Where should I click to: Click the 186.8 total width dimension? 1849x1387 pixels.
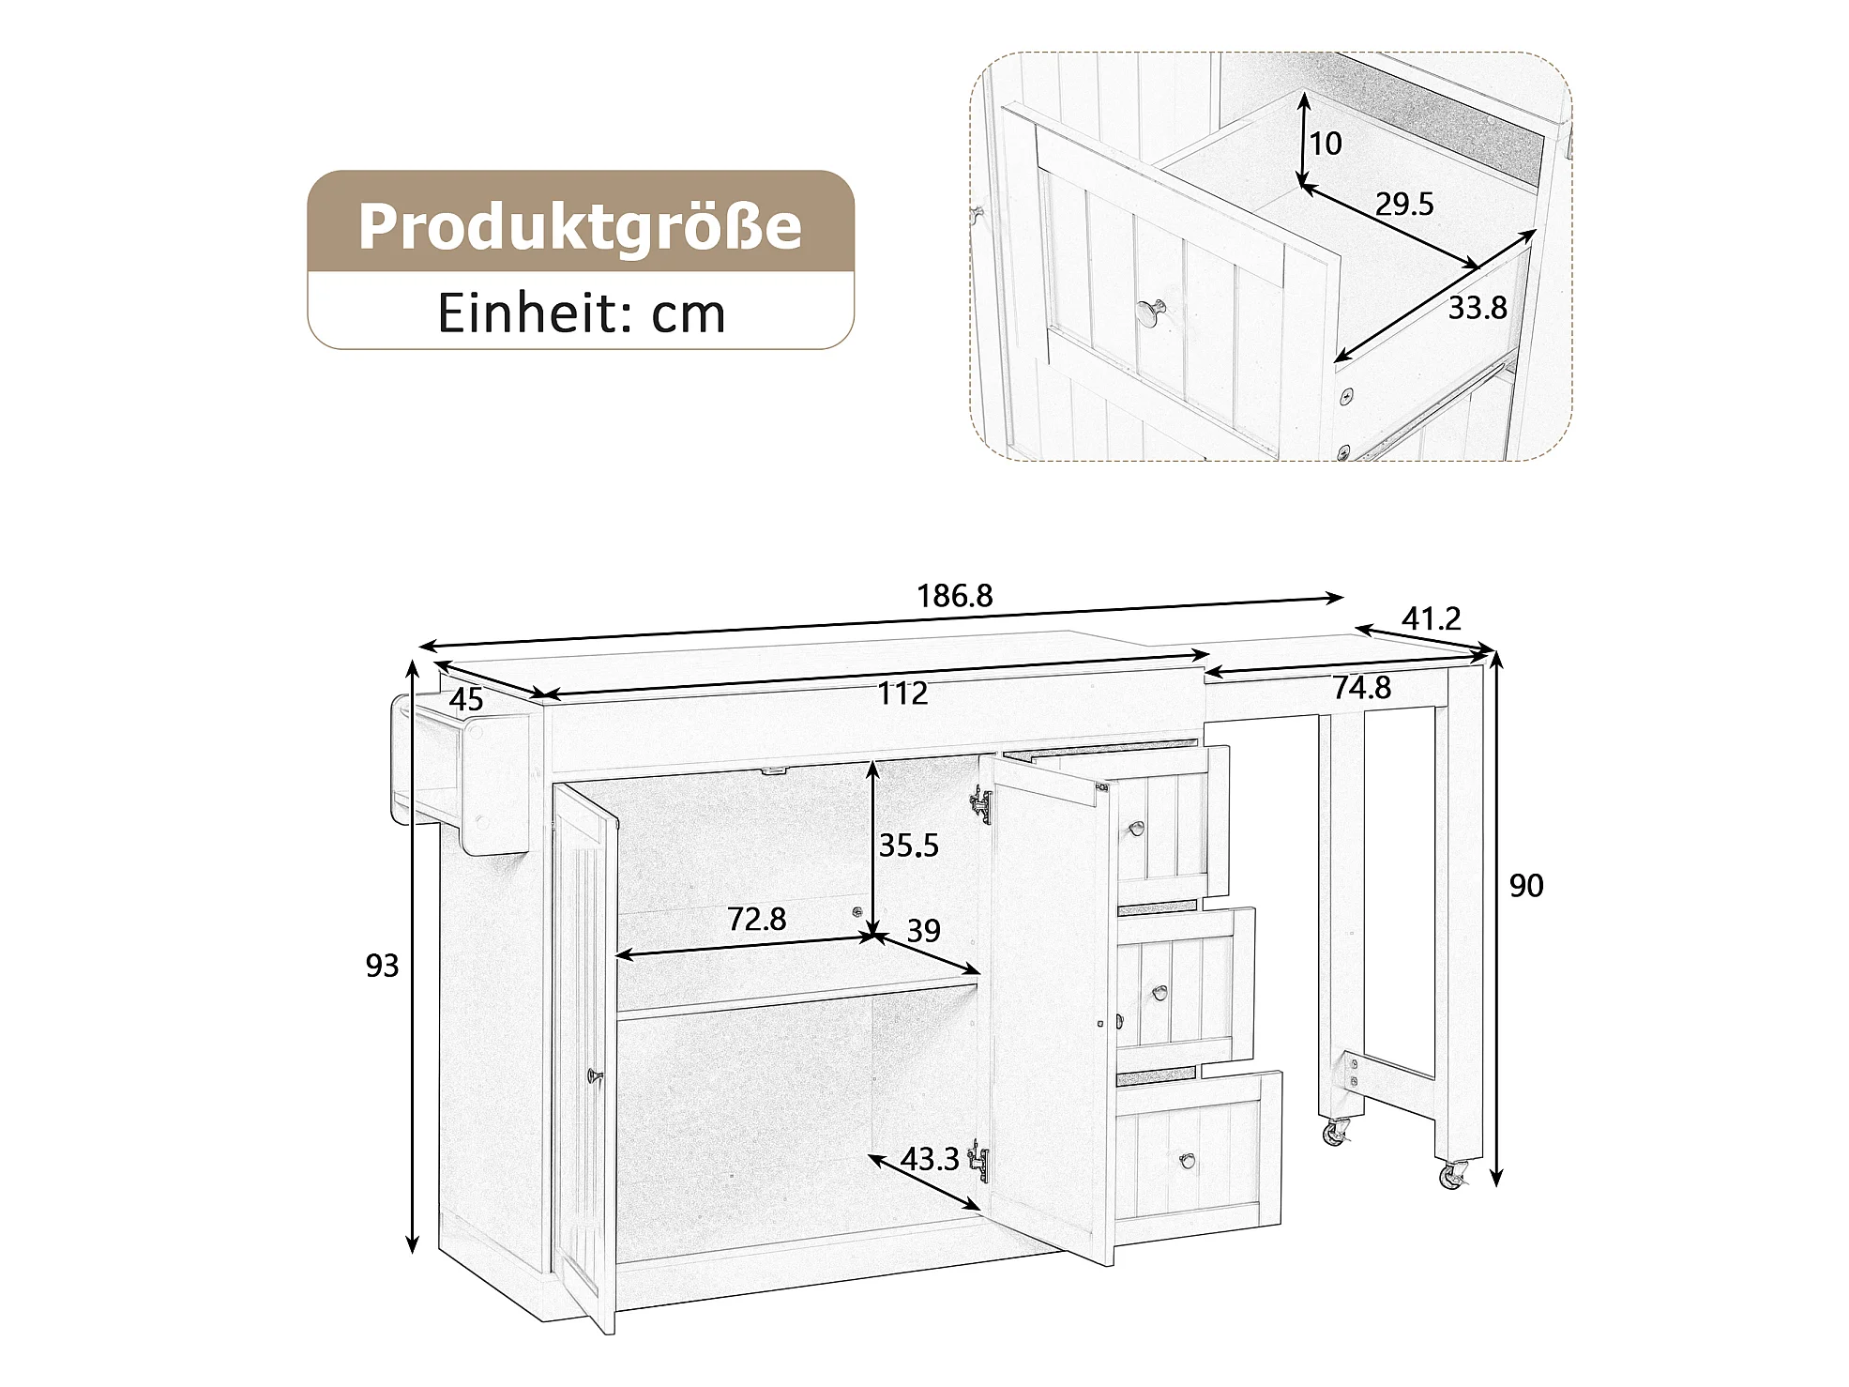tap(954, 596)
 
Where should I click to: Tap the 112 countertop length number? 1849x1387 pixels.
tap(902, 693)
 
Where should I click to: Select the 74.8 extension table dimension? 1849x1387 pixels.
tap(1362, 688)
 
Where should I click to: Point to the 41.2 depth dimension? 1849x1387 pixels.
tap(1432, 618)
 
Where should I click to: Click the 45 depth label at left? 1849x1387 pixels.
tap(466, 699)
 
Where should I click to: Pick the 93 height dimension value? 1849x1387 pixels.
tap(383, 966)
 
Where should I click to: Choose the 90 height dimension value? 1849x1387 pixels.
tap(1526, 886)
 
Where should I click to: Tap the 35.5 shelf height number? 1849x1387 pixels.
tap(908, 846)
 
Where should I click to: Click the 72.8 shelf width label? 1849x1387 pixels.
tap(757, 919)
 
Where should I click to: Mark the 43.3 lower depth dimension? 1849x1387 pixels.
tap(930, 1160)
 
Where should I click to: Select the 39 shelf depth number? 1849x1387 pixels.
tap(924, 930)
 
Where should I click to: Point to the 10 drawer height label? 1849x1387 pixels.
tap(1326, 144)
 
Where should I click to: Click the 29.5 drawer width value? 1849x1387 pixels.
tap(1404, 204)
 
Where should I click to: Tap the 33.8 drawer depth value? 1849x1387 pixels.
tap(1478, 307)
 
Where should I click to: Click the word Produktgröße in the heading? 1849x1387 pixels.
tap(581, 227)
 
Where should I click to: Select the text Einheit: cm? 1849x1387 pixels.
tap(582, 313)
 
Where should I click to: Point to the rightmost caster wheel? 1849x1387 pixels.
tap(1452, 1175)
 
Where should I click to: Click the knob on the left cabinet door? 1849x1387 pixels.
tap(591, 1075)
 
